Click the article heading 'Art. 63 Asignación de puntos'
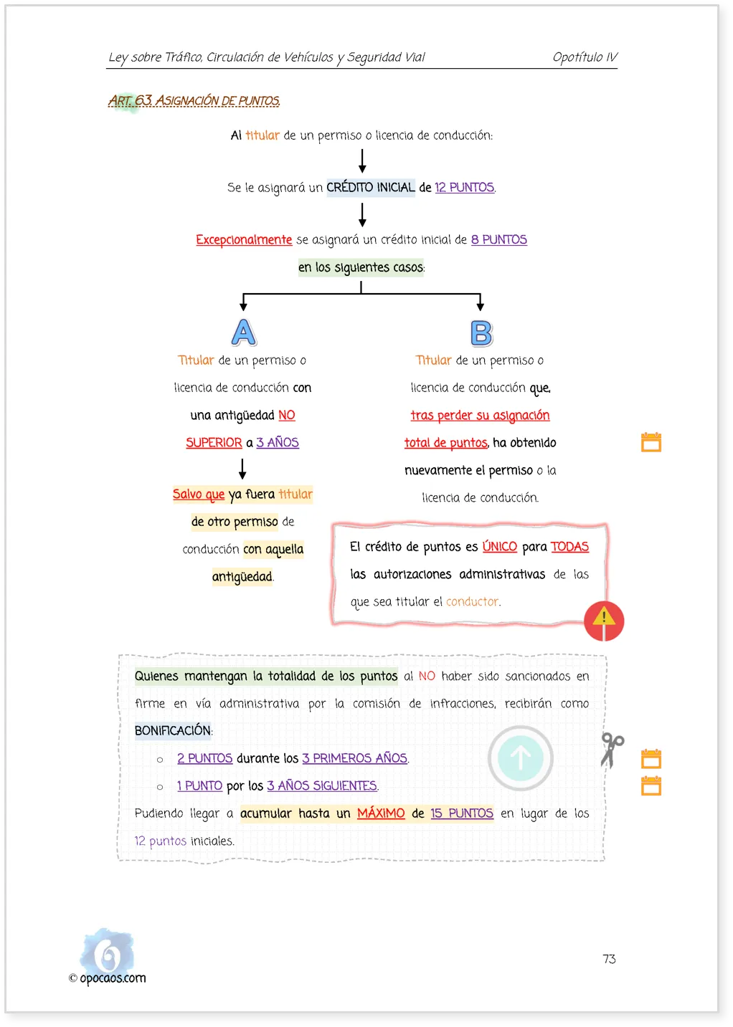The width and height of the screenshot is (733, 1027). click(194, 100)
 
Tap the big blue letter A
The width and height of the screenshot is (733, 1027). click(243, 332)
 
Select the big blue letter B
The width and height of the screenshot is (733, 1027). click(481, 333)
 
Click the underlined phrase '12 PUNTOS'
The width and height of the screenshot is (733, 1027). click(464, 188)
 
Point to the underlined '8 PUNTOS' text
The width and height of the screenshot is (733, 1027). click(498, 240)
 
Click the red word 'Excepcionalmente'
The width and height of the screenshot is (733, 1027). click(244, 240)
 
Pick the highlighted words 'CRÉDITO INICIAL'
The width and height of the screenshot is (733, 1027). click(370, 188)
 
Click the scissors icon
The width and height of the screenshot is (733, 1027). click(612, 750)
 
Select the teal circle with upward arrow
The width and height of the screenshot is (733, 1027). click(520, 758)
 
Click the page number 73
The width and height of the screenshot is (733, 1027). click(609, 959)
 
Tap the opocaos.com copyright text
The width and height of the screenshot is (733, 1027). click(108, 978)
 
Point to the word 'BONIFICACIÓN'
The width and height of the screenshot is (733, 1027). click(172, 730)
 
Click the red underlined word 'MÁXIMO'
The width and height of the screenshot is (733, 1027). click(381, 813)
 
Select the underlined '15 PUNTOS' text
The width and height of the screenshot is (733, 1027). click(461, 813)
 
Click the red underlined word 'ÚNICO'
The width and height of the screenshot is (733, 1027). click(499, 547)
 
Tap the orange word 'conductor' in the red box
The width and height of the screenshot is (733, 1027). click(472, 601)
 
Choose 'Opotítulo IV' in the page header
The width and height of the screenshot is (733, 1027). click(585, 57)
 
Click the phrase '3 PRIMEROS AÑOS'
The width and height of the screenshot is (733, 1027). click(354, 758)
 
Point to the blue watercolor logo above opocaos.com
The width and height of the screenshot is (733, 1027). click(108, 951)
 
